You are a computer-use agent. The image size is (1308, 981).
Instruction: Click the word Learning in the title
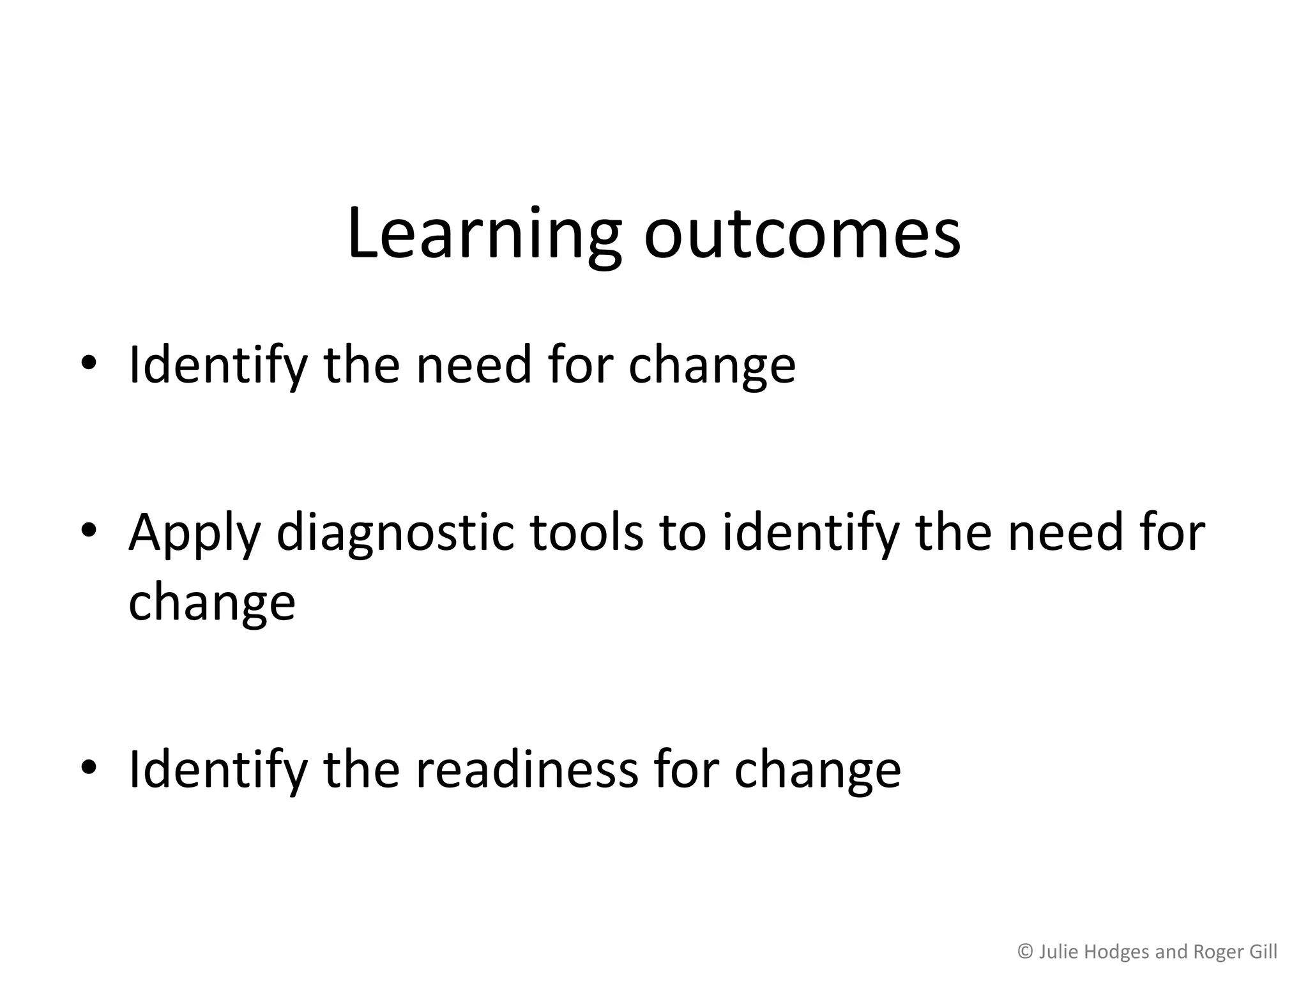pos(483,234)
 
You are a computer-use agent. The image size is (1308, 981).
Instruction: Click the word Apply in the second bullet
pos(194,533)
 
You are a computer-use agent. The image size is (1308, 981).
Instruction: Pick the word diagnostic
pos(395,533)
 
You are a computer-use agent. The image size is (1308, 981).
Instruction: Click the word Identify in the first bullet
pos(217,366)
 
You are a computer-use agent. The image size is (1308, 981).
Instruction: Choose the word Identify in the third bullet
pos(217,770)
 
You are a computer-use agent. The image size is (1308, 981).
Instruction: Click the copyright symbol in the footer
pos(1025,952)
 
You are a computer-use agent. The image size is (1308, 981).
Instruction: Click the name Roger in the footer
pos(1217,952)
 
